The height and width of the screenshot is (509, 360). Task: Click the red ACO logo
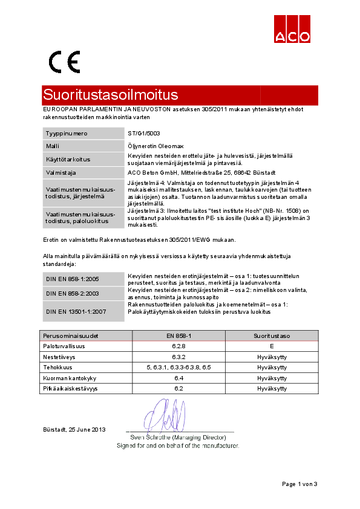pyautogui.click(x=293, y=28)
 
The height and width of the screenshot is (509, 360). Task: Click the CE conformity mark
pyautogui.click(x=64, y=62)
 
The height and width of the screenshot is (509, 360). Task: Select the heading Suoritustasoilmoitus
pyautogui.click(x=111, y=95)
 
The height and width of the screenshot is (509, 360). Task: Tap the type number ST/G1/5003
pyautogui.click(x=144, y=133)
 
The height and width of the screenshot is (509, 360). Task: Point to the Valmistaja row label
pyautogui.click(x=60, y=172)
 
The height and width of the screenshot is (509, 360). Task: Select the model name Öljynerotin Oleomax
pyautogui.click(x=155, y=146)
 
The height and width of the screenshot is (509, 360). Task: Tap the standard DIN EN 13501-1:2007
pyautogui.click(x=76, y=311)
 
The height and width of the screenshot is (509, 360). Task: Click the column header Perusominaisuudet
pyautogui.click(x=71, y=335)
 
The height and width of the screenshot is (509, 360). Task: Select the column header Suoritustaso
pyautogui.click(x=272, y=335)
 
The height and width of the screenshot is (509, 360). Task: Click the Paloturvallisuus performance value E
pyautogui.click(x=272, y=346)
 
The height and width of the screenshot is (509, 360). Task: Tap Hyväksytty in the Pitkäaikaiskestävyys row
pyautogui.click(x=272, y=388)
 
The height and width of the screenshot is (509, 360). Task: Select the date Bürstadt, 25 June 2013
pyautogui.click(x=74, y=430)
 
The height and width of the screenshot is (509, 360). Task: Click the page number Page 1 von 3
pyautogui.click(x=299, y=484)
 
